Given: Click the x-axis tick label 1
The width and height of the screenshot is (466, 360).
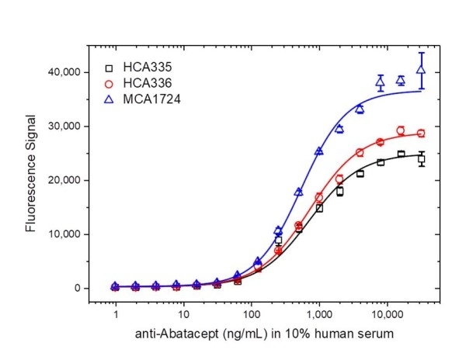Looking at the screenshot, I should click(x=116, y=317).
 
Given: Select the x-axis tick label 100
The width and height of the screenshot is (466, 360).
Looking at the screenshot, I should click(x=251, y=317).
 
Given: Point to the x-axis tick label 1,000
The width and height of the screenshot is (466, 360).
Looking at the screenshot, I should click(x=319, y=317).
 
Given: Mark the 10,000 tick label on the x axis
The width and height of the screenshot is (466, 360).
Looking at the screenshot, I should click(x=387, y=317).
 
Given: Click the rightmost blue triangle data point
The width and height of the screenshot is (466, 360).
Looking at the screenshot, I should click(x=421, y=70).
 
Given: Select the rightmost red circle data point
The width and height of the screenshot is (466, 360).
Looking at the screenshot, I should click(x=421, y=133).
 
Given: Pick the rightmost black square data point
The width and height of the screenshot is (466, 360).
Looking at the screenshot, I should click(x=421, y=159).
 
